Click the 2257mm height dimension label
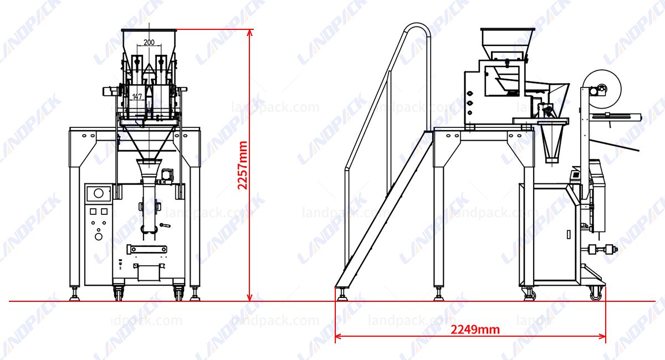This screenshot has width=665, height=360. (243, 165)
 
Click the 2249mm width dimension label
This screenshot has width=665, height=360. (475, 330)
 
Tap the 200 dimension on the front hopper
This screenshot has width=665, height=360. (149, 42)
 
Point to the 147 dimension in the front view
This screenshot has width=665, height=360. (137, 97)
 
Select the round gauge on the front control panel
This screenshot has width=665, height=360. (99, 193)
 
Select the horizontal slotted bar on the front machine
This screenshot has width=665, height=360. (146, 249)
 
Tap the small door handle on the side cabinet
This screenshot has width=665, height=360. (569, 234)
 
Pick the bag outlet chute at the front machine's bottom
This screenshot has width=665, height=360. (149, 272)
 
